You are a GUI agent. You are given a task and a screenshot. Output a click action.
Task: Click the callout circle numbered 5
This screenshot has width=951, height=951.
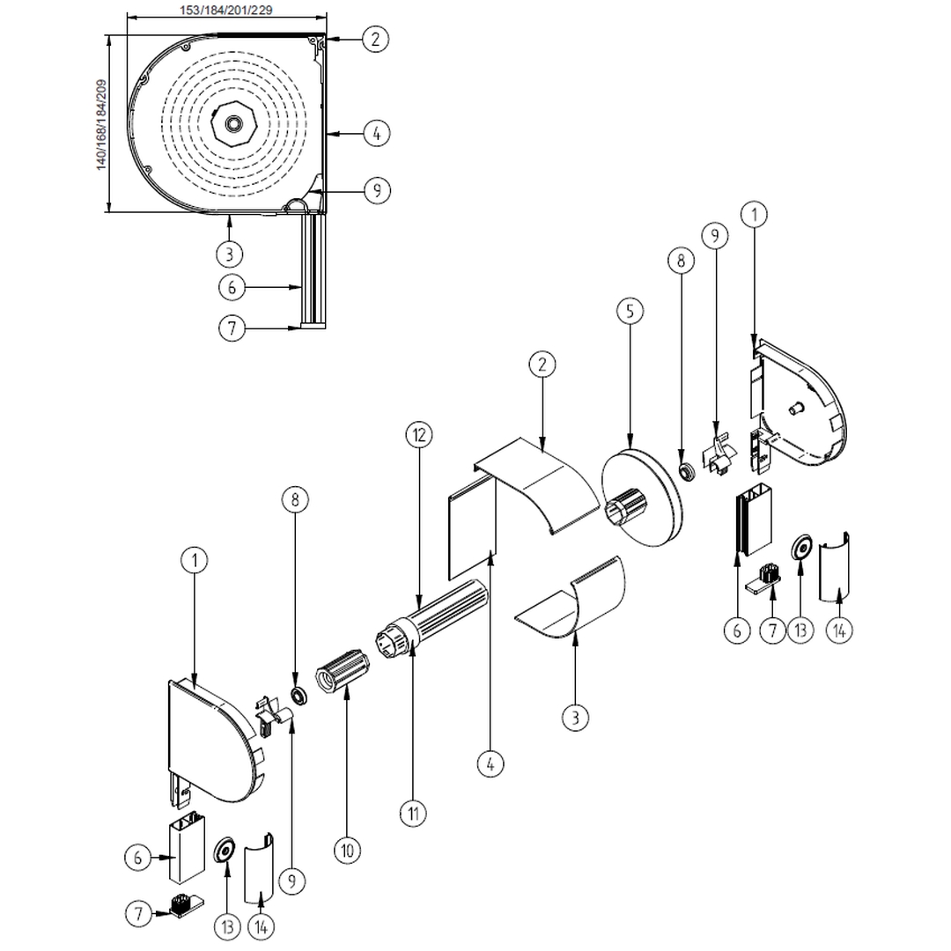(x=630, y=311)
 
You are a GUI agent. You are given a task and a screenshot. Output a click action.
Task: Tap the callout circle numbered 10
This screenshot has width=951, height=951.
(x=346, y=850)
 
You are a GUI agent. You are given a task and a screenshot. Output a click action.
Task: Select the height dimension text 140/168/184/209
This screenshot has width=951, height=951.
(x=102, y=124)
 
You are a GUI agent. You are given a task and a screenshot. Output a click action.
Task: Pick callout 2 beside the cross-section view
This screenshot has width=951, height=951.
(x=376, y=38)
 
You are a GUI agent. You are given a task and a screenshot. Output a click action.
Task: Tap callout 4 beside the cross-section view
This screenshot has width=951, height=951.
(x=376, y=134)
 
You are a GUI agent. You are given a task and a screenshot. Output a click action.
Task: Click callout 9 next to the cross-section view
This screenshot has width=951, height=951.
(x=376, y=190)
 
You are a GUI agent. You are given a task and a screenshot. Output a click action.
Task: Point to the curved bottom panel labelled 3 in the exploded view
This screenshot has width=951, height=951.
(x=577, y=599)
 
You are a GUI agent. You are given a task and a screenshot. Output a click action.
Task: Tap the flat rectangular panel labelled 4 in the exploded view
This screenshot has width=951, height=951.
(x=472, y=533)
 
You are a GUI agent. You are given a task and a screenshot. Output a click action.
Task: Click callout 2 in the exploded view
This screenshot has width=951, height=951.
(x=542, y=364)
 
